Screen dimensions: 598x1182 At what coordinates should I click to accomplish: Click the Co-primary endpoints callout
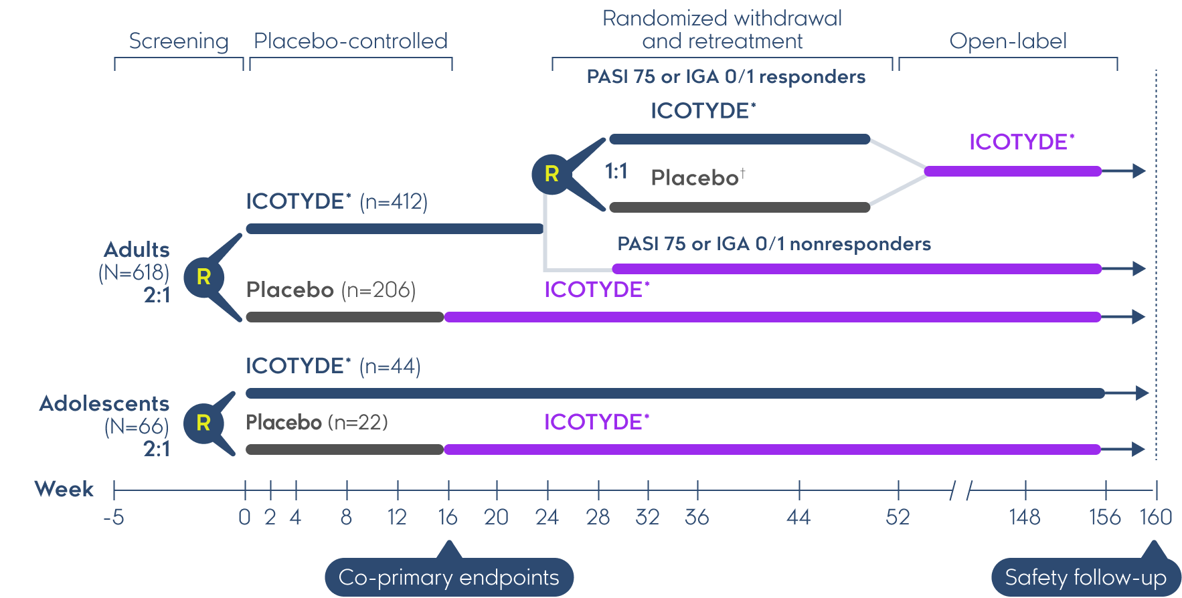(448, 577)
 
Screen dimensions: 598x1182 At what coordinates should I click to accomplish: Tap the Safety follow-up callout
(1086, 577)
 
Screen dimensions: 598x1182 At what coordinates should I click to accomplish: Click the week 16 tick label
(448, 517)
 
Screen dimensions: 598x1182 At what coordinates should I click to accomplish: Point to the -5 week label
(114, 517)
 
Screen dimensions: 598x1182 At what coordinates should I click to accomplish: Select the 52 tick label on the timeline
(898, 517)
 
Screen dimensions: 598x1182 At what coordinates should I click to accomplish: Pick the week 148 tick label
(1025, 517)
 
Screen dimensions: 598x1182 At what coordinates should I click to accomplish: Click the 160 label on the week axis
(1156, 517)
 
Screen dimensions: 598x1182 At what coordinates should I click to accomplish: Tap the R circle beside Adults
(203, 276)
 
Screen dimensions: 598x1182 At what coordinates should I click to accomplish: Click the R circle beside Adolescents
(203, 423)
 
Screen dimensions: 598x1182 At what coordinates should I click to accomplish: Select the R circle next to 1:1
(552, 174)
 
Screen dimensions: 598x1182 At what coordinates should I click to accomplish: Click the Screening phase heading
(179, 41)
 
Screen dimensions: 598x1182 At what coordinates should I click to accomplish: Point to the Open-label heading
(1007, 41)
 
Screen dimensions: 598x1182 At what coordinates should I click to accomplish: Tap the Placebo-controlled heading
(351, 41)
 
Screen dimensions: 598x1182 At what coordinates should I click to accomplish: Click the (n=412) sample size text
(394, 201)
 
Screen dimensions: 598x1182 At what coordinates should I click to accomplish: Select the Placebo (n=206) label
(331, 290)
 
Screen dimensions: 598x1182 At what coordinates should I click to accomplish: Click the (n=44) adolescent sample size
(390, 366)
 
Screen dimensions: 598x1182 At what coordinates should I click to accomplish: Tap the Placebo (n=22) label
(317, 422)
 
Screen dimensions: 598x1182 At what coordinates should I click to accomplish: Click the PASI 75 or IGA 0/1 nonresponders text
(774, 243)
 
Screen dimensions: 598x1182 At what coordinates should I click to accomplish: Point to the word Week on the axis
(64, 489)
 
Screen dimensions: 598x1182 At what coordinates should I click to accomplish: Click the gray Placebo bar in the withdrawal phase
(739, 207)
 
